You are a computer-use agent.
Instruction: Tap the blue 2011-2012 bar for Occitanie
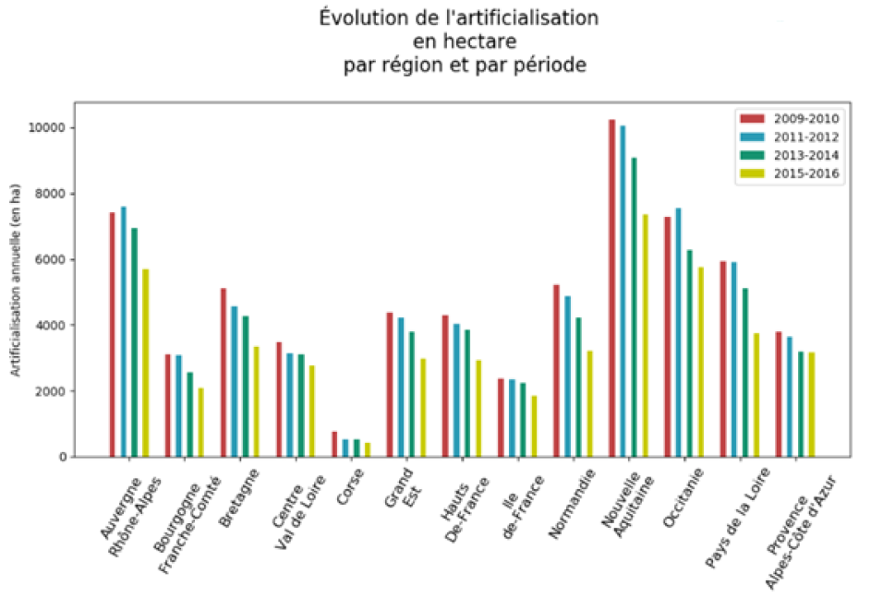pos(678,332)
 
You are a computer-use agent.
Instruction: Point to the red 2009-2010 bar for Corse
pos(334,444)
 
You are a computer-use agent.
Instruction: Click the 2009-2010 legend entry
pos(789,118)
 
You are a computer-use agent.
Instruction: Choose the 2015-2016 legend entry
pos(789,173)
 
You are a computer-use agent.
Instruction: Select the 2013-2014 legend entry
pos(789,155)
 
